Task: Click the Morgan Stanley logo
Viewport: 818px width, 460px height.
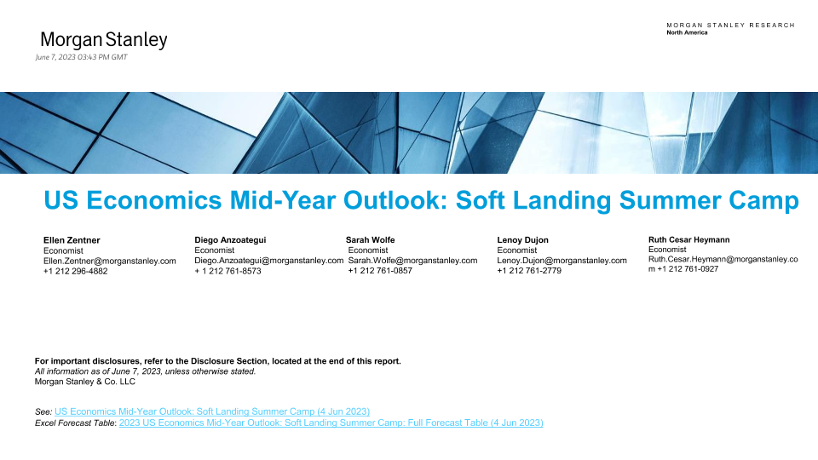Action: (x=104, y=40)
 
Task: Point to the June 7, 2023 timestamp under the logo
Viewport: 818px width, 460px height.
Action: (x=82, y=57)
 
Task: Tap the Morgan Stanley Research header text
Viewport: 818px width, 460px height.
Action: (x=730, y=25)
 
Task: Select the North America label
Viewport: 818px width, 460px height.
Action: (x=687, y=32)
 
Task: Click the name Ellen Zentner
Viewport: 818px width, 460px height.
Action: (x=72, y=240)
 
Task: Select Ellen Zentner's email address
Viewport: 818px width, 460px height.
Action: (x=110, y=261)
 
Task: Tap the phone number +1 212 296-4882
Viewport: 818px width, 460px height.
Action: (x=76, y=271)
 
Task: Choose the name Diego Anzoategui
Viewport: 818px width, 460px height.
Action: (x=230, y=240)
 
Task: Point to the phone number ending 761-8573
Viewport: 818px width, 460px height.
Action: (x=228, y=271)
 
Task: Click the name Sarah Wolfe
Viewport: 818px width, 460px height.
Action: (x=371, y=240)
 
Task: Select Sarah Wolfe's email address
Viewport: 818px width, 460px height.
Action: (x=412, y=261)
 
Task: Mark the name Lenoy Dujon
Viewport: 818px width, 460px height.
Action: (x=522, y=240)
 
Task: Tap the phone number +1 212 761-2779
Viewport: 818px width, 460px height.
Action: (x=529, y=271)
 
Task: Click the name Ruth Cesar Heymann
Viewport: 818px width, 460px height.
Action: (x=689, y=240)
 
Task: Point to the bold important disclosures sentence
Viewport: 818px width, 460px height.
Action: (x=218, y=361)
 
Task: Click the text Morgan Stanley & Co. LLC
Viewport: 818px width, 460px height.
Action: (x=85, y=382)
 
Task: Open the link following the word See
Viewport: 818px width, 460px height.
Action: (x=212, y=411)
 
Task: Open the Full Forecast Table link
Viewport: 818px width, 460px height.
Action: (x=331, y=423)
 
